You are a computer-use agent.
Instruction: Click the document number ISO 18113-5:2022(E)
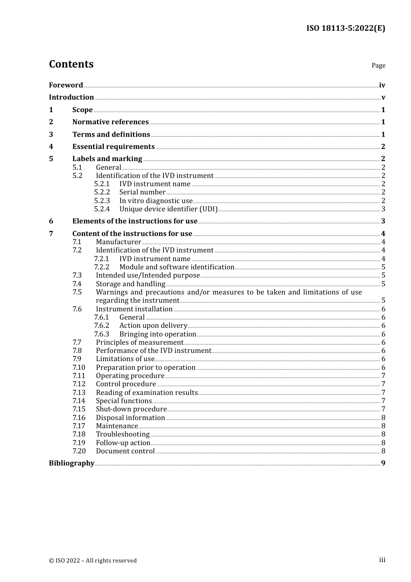click(345, 28)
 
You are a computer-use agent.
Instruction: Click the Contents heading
click(71, 64)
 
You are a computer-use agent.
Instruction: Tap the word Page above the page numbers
click(378, 65)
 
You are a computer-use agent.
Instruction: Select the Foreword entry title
click(66, 85)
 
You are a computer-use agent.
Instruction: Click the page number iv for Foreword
click(382, 85)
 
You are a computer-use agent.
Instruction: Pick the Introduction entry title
click(71, 97)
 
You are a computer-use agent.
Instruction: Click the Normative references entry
click(110, 122)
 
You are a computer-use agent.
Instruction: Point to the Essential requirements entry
click(113, 146)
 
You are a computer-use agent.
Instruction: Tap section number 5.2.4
click(102, 209)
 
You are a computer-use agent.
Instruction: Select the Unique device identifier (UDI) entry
click(168, 209)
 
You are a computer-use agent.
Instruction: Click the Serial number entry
click(142, 192)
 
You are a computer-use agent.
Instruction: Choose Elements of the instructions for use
click(135, 221)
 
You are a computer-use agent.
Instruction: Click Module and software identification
click(177, 267)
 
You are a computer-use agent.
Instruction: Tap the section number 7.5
click(77, 292)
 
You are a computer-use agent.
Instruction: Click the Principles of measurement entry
click(139, 342)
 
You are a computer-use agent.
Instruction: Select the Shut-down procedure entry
click(131, 409)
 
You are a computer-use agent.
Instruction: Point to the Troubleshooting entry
click(123, 434)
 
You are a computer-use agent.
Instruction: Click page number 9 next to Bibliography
click(383, 463)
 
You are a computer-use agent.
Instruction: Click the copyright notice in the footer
click(93, 560)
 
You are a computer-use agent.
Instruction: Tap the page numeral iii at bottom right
click(382, 560)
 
